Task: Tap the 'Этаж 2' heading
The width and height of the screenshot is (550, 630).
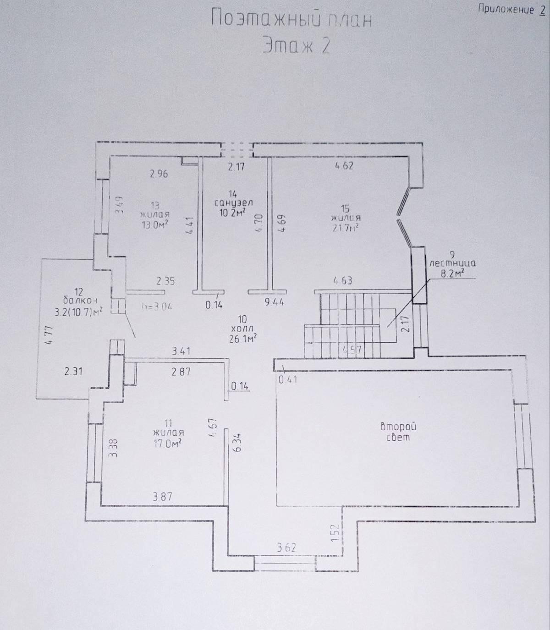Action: click(296, 46)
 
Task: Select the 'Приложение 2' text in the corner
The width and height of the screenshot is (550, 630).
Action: click(511, 9)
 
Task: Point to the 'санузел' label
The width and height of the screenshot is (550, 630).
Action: click(233, 202)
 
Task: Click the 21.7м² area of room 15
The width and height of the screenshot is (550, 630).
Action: click(346, 227)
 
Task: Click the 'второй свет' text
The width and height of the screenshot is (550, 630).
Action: click(398, 432)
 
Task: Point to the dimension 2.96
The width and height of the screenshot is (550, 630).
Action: click(159, 174)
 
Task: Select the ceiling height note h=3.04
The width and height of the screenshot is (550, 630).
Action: click(157, 306)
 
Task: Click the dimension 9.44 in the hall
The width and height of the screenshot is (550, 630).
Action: click(275, 302)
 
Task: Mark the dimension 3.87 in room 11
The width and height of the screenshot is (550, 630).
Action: click(162, 496)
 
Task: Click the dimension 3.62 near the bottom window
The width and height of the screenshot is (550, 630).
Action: click(286, 547)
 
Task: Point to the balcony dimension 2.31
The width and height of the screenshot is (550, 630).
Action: click(73, 371)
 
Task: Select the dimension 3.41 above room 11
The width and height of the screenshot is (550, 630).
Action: click(181, 351)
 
